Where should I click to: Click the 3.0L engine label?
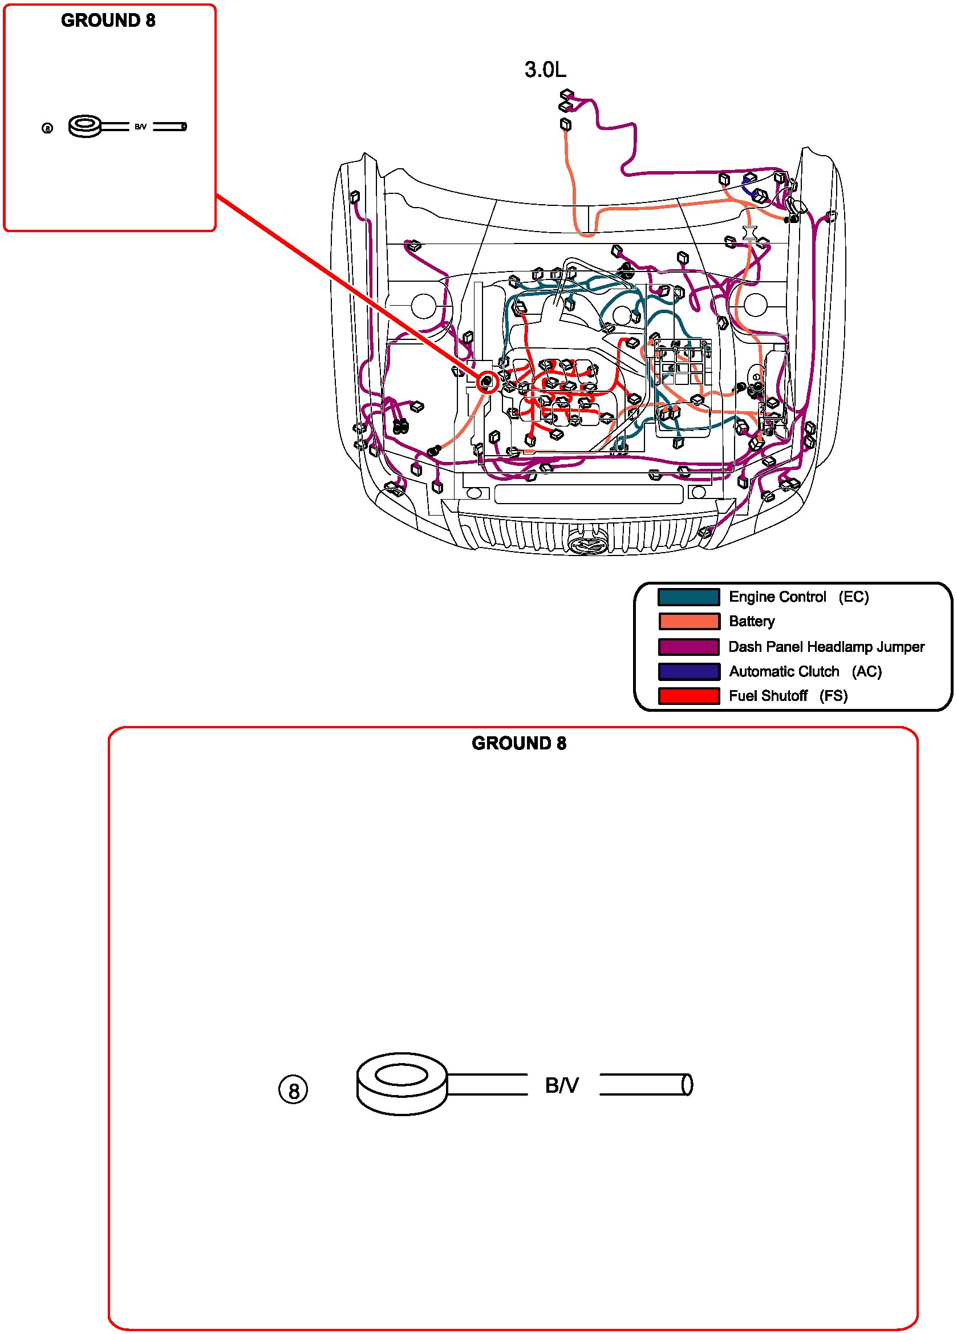(545, 70)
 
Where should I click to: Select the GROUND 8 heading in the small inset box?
(108, 21)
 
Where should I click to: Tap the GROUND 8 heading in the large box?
(519, 744)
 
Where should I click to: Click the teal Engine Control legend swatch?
(688, 597)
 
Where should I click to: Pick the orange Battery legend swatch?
(688, 622)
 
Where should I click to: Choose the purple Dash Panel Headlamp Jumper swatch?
(688, 647)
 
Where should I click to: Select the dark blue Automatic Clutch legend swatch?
(688, 672)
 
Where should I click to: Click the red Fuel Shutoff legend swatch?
(688, 696)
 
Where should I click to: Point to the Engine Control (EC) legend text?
(798, 597)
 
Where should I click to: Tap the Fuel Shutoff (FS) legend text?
(788, 696)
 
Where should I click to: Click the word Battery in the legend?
(751, 622)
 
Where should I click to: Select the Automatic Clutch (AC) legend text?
(805, 672)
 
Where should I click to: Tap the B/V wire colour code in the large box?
(562, 1085)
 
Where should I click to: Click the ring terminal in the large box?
(402, 1084)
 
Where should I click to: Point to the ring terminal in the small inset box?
(86, 126)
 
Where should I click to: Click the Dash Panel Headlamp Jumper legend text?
(826, 647)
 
